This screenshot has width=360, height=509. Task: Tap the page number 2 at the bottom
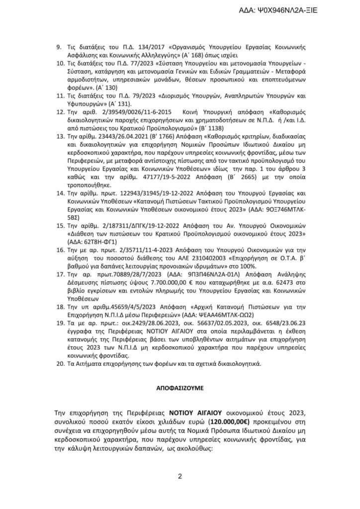click(180, 477)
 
